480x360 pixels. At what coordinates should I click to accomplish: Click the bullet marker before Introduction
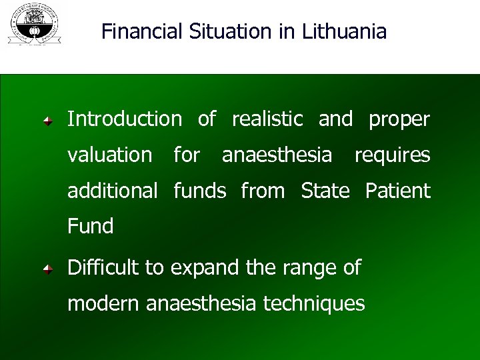48,121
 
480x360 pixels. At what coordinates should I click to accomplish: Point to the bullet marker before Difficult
48,269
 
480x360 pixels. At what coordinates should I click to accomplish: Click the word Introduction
124,119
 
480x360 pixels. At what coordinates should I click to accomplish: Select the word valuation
110,155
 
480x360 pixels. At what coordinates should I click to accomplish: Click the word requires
392,156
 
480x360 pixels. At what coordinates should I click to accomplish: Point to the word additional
113,191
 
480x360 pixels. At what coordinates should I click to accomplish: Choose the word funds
200,191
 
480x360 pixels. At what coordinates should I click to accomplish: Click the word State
325,191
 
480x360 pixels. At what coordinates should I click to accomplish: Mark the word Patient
398,191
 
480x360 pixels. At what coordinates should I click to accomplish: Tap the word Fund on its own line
91,227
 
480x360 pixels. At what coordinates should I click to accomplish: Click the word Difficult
105,268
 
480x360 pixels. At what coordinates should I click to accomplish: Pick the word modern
104,304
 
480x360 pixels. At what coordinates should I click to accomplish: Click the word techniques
314,305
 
